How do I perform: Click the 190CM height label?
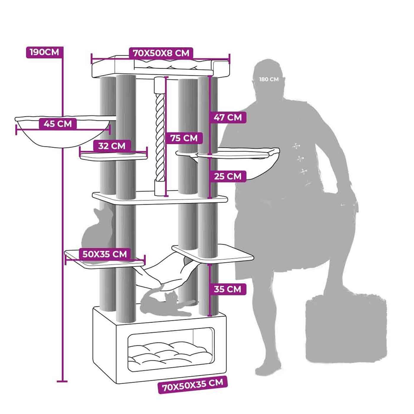click(x=44, y=52)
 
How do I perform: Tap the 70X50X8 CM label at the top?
click(x=161, y=53)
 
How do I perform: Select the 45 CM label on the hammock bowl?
click(x=58, y=123)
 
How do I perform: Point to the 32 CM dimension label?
click(x=111, y=146)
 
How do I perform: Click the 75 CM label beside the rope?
click(x=184, y=138)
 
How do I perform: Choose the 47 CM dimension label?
click(x=228, y=117)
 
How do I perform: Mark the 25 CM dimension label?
click(x=228, y=177)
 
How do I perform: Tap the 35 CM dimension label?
click(x=227, y=289)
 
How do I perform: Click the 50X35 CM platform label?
click(x=104, y=254)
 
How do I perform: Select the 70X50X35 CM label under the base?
click(x=193, y=385)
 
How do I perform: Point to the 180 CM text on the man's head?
click(x=269, y=79)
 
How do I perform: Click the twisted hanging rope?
click(x=160, y=136)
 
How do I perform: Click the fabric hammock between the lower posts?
click(x=166, y=272)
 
